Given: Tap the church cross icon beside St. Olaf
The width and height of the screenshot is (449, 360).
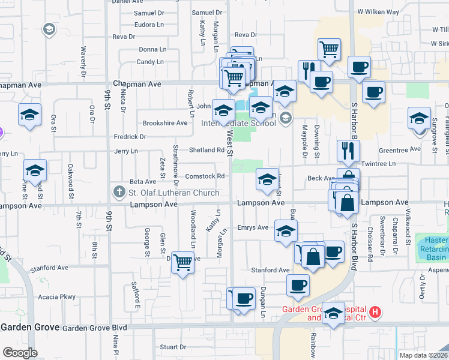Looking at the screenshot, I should coord(118,193).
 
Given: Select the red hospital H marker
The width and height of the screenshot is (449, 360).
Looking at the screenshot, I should coord(375,312).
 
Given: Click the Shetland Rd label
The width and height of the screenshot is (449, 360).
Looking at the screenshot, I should coord(206,150).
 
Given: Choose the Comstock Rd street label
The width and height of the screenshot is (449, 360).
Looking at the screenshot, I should coord(205,176).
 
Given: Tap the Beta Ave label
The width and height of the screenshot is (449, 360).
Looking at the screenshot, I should coord(143,181).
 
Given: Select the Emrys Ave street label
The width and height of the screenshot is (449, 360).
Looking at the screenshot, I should coord(253,227).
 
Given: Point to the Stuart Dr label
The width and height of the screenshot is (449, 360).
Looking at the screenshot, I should coord(173,347).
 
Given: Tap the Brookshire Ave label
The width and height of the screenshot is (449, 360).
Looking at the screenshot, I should coord(164,123).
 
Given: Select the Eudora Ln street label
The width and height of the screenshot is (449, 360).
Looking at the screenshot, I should coord(149,25).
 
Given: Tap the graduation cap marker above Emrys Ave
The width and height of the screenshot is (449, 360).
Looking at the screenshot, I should coord(286,230).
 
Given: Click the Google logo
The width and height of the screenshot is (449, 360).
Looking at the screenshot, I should coord(20,353).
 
